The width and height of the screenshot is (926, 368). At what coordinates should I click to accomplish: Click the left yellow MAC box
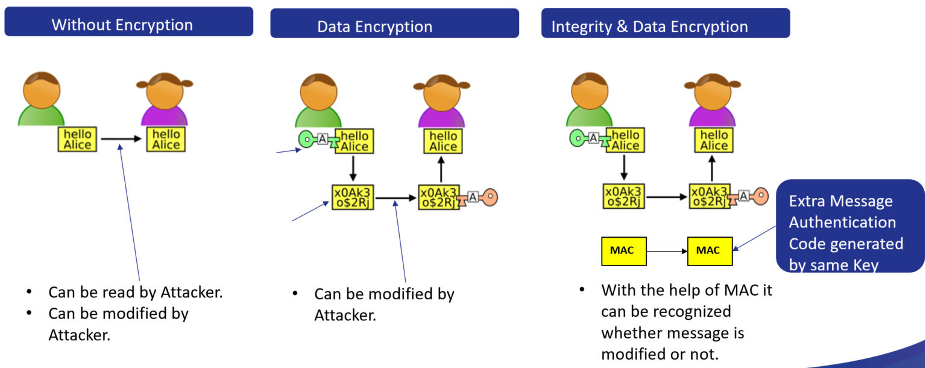click(x=624, y=251)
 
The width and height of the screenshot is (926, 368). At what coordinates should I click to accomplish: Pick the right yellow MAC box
click(x=710, y=251)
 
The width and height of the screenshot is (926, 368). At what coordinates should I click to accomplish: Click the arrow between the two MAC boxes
click(x=667, y=251)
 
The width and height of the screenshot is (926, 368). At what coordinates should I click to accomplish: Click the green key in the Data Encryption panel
click(x=307, y=140)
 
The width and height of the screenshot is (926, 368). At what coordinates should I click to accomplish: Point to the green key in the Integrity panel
click(x=578, y=139)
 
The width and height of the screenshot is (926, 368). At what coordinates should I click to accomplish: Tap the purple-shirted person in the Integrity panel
click(x=712, y=100)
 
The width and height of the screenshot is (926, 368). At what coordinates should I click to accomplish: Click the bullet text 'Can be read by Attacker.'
click(x=136, y=293)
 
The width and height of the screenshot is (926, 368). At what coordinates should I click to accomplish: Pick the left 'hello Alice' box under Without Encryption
click(x=77, y=139)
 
